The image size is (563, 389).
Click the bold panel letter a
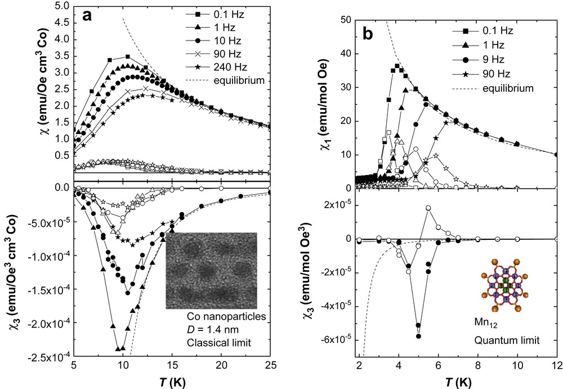point(88,16)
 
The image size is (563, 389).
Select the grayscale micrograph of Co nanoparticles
point(211,270)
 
